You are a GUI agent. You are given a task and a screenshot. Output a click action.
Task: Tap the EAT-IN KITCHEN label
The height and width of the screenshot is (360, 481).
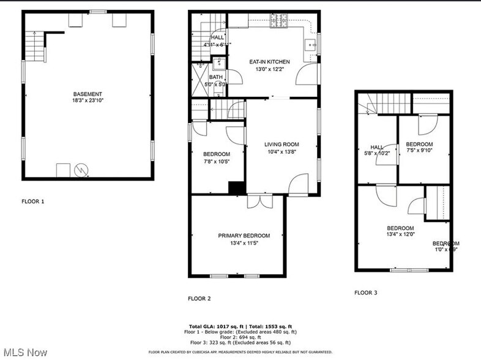click(x=269, y=62)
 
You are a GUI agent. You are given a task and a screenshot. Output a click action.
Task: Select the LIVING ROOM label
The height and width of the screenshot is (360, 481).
click(x=281, y=144)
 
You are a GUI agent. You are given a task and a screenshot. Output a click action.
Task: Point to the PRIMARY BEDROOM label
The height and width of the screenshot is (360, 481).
click(x=244, y=236)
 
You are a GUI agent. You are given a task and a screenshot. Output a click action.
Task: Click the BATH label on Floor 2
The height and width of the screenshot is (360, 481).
click(x=215, y=77)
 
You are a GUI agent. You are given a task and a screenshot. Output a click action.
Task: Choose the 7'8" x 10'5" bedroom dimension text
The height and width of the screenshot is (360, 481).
click(x=216, y=161)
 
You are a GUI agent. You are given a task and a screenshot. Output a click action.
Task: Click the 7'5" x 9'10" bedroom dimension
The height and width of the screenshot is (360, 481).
click(x=419, y=152)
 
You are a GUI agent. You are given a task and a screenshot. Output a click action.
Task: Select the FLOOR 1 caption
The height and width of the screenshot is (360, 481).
click(x=33, y=201)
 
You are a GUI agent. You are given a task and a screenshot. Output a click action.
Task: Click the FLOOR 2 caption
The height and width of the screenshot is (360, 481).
click(x=199, y=299)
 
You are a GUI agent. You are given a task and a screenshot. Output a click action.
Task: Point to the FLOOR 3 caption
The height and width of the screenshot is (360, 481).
click(x=366, y=293)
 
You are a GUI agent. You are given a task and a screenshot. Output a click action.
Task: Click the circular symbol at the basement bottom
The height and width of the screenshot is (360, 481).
click(x=80, y=170)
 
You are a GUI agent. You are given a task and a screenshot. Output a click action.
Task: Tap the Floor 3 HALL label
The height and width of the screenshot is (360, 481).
click(x=376, y=147)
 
